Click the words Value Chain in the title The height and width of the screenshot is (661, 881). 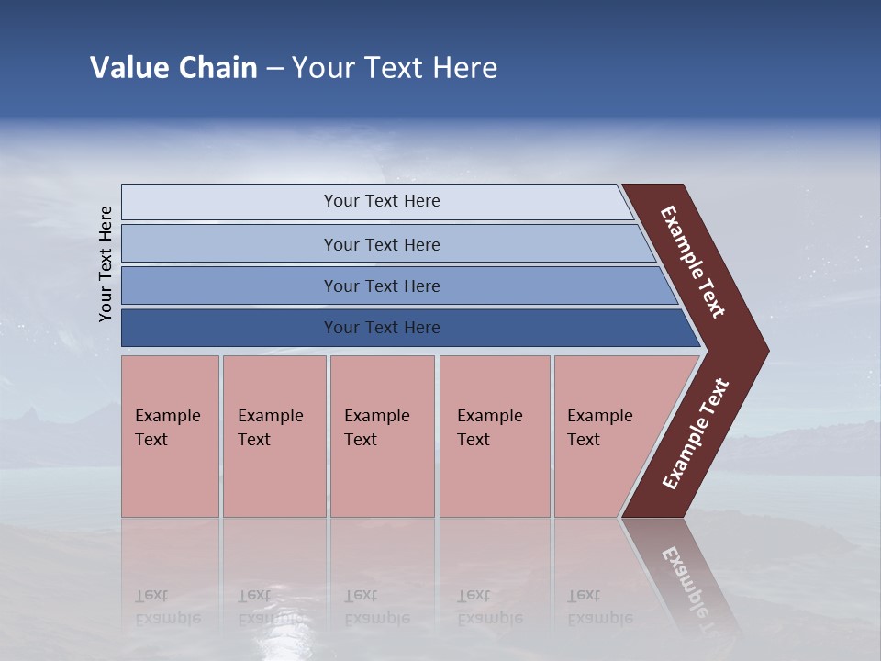tap(173, 67)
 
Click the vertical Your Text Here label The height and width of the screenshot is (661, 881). tap(106, 263)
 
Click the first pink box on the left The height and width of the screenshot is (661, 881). tap(170, 477)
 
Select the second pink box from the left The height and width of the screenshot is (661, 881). tap(274, 477)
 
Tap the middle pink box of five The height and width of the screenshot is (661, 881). tap(382, 477)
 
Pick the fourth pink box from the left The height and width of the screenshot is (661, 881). tap(495, 477)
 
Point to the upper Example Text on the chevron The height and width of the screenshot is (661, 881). tap(693, 262)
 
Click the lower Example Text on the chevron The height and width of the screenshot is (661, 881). tap(696, 434)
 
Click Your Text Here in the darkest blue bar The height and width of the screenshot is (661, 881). tap(382, 328)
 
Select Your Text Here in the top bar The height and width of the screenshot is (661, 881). tap(382, 201)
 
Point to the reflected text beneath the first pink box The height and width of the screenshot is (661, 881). tap(167, 607)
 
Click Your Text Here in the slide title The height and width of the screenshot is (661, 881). tap(395, 67)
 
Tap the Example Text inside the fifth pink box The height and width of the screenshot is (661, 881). tap(599, 428)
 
